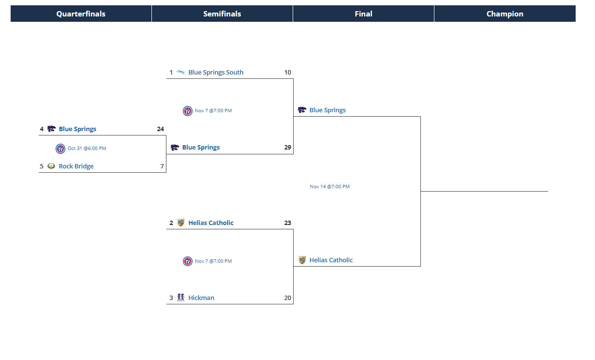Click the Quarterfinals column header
point(81,14)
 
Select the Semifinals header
point(222,14)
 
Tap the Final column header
point(363,14)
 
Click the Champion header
point(505,14)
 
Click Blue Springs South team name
point(216,73)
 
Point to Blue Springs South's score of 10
point(288,73)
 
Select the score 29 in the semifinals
point(288,148)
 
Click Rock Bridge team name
point(76,166)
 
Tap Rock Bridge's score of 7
point(162,166)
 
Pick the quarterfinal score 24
point(160,129)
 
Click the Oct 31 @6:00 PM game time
point(87,149)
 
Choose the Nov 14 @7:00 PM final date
point(329,187)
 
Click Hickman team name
point(201,298)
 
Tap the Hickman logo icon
point(180,298)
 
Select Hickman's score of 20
point(288,298)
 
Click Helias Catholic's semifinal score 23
point(288,223)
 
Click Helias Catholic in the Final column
point(331,260)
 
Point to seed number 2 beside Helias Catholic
point(171,223)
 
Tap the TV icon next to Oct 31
point(60,149)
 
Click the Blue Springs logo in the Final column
point(302,110)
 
